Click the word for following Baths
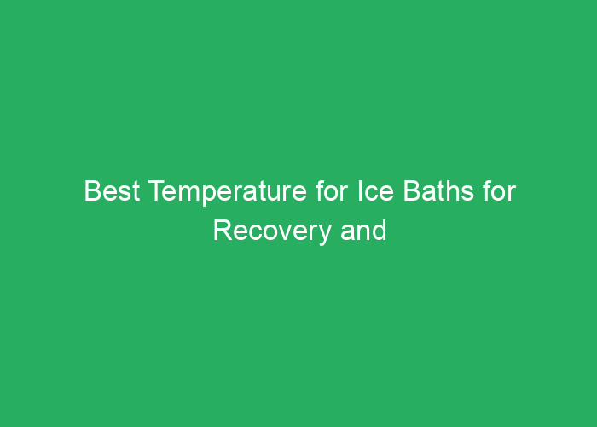point(501,192)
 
